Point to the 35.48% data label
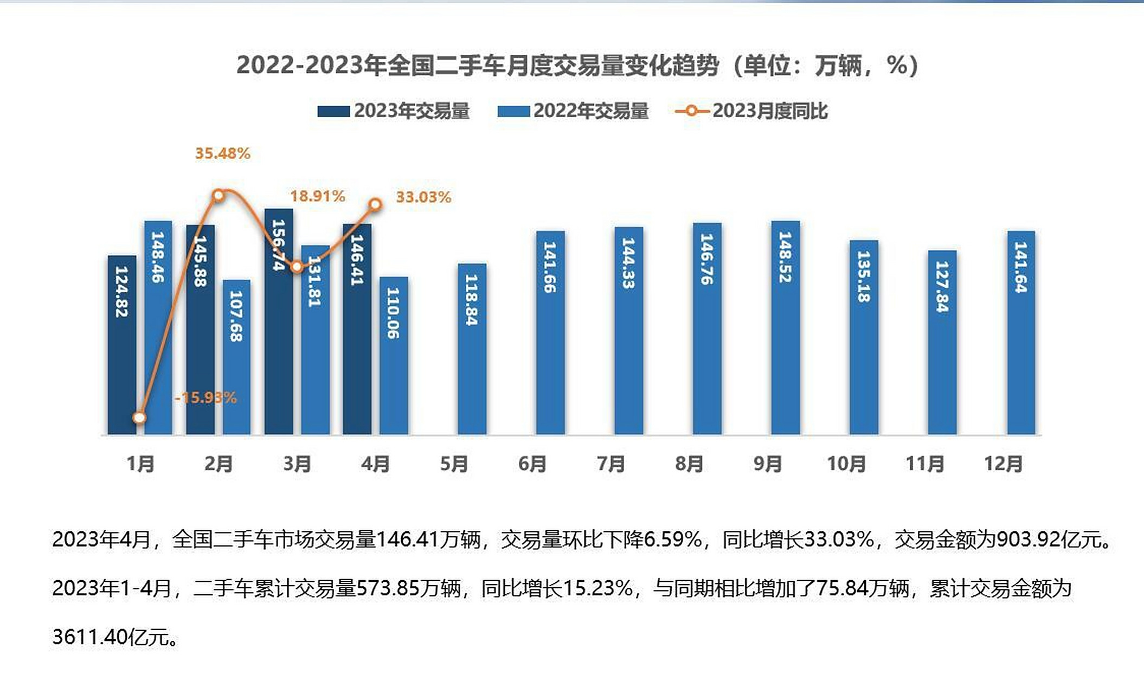coord(222,153)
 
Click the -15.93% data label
coord(205,397)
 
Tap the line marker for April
coord(375,204)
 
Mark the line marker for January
coord(139,417)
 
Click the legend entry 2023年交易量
coord(394,111)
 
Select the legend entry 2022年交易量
coord(573,111)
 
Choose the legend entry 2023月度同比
coord(752,111)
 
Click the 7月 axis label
coord(610,464)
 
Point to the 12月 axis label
coord(1003,464)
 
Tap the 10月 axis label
coord(846,464)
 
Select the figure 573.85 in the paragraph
coord(388,588)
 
